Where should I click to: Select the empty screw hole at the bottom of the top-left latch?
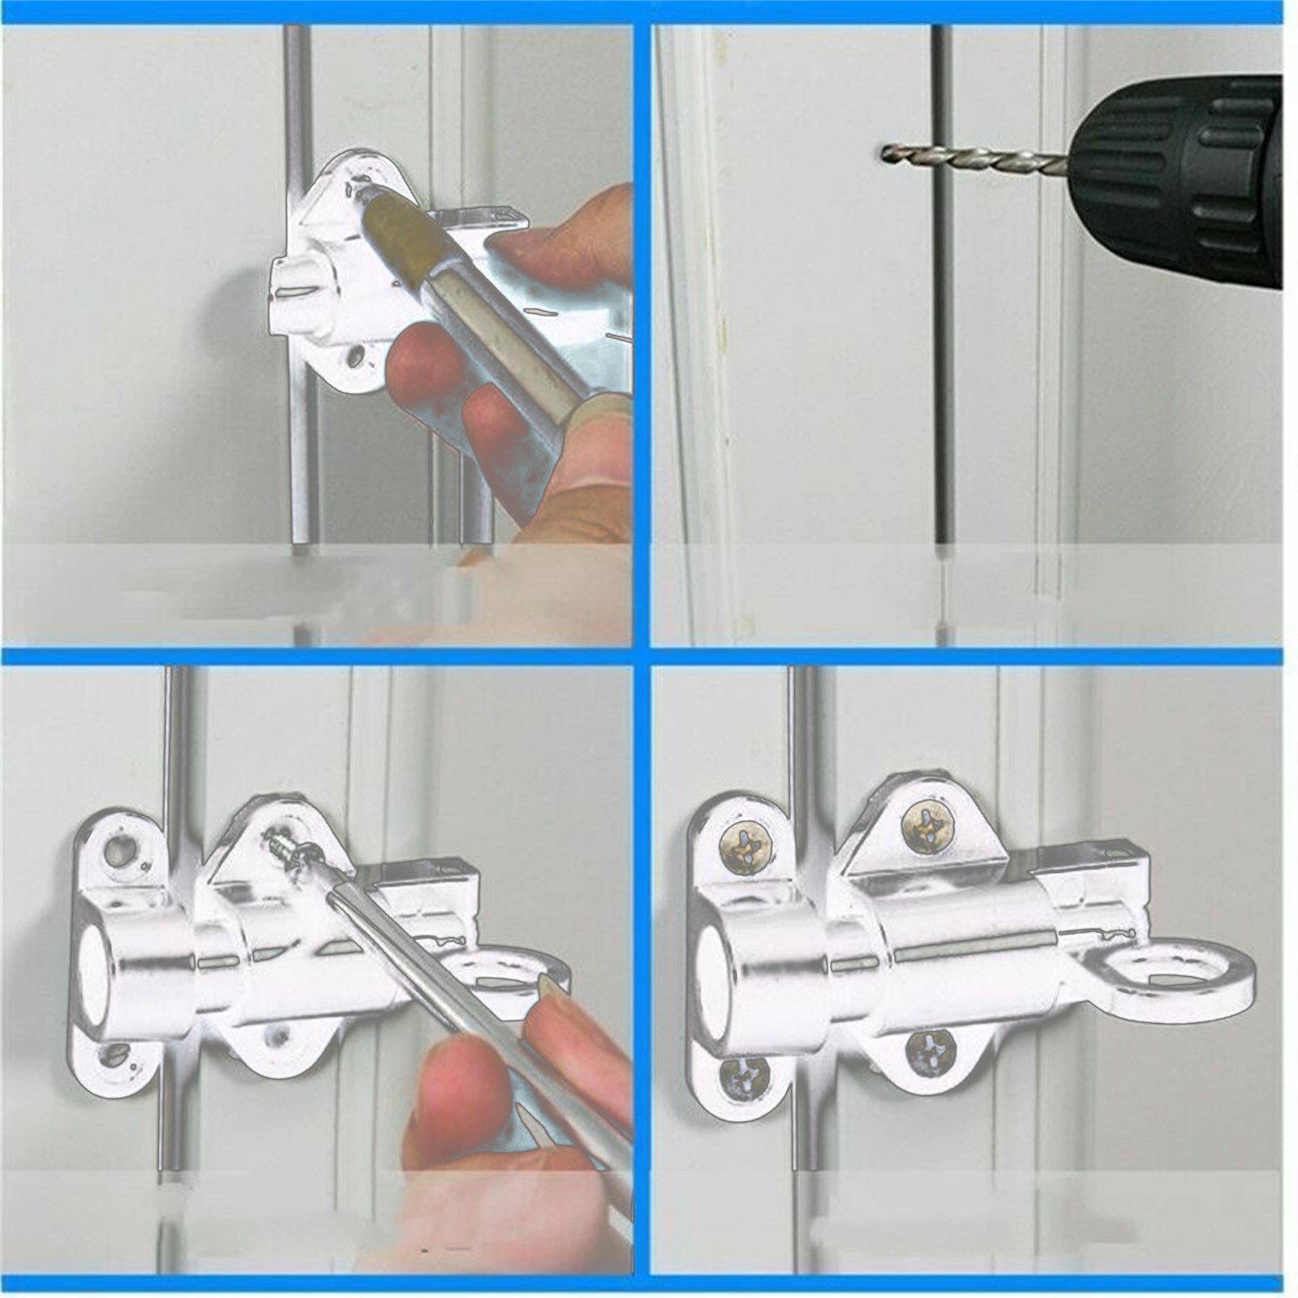355,357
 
